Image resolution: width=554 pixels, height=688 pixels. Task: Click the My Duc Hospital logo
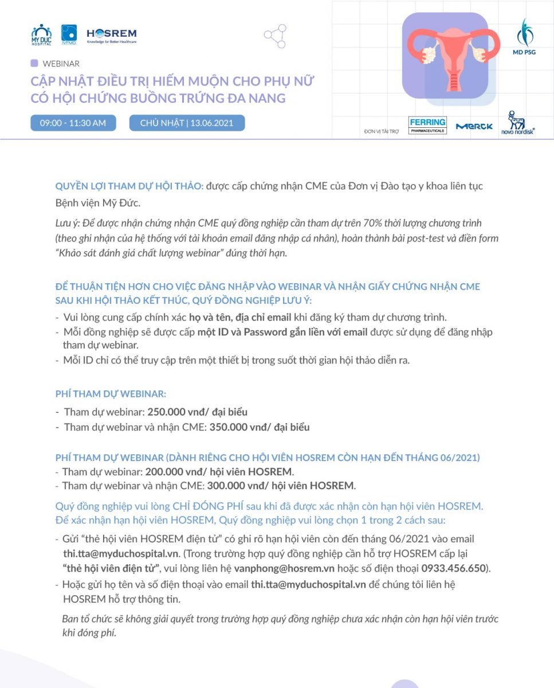[x=41, y=34]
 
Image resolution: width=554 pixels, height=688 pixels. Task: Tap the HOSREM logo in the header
[x=111, y=35]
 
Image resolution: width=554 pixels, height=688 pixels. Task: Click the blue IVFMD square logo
[x=69, y=34]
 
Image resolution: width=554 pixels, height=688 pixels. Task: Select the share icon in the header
[x=275, y=36]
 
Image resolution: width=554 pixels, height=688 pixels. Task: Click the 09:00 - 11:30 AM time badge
[x=73, y=123]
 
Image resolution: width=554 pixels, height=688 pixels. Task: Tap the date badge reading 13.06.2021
[x=187, y=123]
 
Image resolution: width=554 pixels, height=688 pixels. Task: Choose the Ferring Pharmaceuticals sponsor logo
[x=427, y=125]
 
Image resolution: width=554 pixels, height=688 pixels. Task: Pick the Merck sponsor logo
[x=474, y=126]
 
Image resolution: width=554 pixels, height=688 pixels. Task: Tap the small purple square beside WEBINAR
[x=34, y=63]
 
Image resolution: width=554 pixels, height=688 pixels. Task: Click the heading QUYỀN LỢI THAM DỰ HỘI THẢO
[x=129, y=186]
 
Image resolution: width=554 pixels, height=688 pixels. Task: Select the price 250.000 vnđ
[x=170, y=412]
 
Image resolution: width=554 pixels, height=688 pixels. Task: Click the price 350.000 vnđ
[x=231, y=427]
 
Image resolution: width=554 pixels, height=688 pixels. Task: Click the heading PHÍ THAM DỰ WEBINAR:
[x=111, y=394]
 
